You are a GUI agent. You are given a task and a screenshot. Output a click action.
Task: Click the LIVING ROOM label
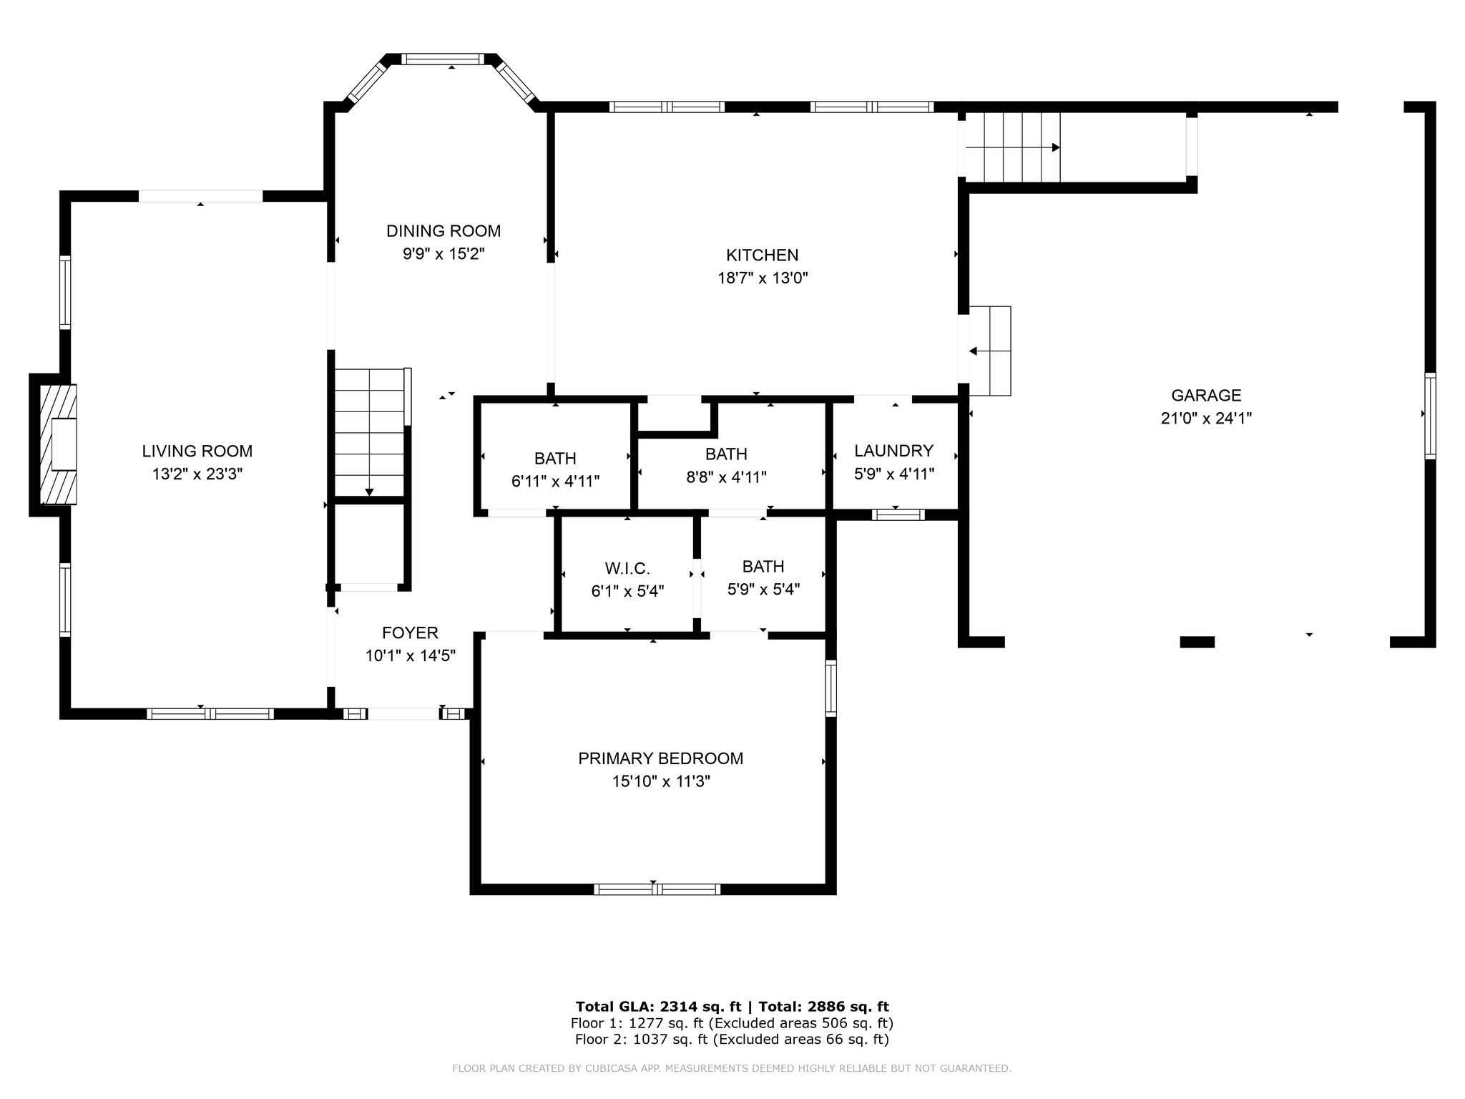[x=197, y=451]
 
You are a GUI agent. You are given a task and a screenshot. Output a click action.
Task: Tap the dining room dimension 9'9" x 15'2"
[x=444, y=254]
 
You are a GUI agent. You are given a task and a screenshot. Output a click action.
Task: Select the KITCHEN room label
[x=763, y=255]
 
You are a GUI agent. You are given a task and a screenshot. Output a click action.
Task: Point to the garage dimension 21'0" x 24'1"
[x=1206, y=419]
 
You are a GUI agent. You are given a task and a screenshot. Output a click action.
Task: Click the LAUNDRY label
[x=894, y=451]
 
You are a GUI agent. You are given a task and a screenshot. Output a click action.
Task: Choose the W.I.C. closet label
[x=627, y=569]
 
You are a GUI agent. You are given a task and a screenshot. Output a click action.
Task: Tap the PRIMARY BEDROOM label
[x=661, y=758]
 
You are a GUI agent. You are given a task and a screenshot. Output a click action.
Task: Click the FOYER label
[x=410, y=633]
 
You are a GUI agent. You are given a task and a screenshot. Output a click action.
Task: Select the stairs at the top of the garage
[x=1012, y=147]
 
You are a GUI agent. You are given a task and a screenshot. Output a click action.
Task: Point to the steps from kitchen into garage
[x=990, y=351]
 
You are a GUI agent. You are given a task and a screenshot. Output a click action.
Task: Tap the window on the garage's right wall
[x=1430, y=416]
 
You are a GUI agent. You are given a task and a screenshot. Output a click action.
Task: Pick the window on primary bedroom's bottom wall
[x=657, y=889]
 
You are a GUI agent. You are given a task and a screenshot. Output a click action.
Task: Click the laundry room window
[x=898, y=514]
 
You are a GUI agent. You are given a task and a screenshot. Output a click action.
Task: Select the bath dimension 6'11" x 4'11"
[x=555, y=482]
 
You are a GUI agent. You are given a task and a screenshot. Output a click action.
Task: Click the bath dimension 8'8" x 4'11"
[x=726, y=477]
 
